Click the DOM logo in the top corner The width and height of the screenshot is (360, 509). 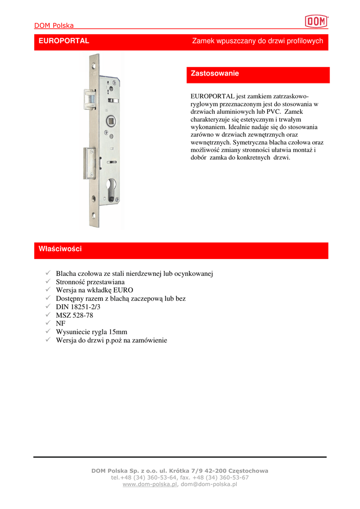pyautogui.click(x=316, y=21)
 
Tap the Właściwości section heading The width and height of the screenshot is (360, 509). pyautogui.click(x=60, y=249)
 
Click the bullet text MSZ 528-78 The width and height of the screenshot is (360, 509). pyautogui.click(x=75, y=316)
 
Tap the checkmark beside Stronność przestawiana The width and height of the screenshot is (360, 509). pyautogui.click(x=48, y=282)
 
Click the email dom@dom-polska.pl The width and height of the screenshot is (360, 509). pyautogui.click(x=209, y=484)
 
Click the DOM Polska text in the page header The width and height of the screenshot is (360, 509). pyautogui.click(x=54, y=25)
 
